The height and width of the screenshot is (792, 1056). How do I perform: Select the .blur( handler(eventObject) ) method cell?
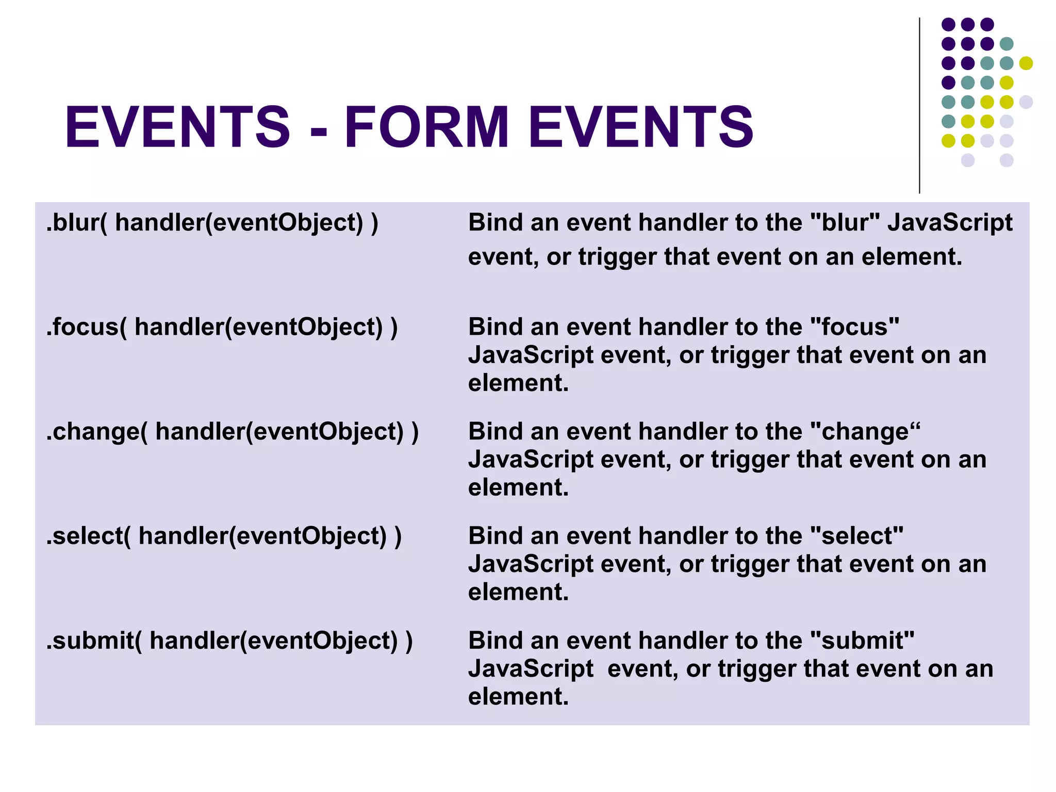coord(212,223)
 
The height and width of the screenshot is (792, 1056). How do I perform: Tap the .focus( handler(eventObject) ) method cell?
coord(222,327)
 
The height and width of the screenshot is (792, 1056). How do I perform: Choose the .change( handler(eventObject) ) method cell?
coord(232,432)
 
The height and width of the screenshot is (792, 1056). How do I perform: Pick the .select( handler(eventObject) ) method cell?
coord(224,536)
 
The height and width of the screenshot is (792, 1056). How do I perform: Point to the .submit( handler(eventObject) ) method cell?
coord(229,640)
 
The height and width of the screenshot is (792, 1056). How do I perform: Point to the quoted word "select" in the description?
coord(856,536)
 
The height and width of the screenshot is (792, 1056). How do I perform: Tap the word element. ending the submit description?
coord(518,697)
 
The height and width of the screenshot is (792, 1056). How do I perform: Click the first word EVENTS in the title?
coord(177,127)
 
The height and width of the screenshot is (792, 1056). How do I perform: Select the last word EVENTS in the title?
coord(641,127)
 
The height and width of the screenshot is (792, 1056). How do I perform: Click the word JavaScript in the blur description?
coord(950,223)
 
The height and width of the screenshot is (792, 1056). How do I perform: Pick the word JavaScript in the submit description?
coord(531,669)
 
